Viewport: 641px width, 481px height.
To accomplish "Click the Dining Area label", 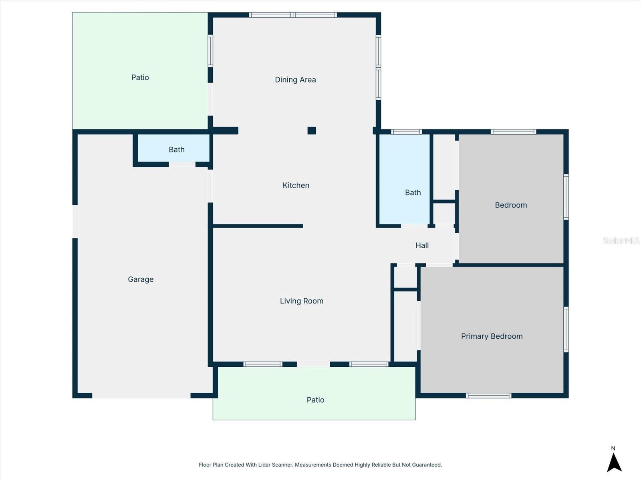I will pyautogui.click(x=295, y=80).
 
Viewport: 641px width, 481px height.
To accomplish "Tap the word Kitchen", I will pyautogui.click(x=296, y=185).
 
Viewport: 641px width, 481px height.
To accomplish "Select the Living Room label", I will pyautogui.click(x=301, y=301).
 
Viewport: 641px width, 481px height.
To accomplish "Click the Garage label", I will pyautogui.click(x=141, y=279).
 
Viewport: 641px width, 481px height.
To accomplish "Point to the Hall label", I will pyautogui.click(x=422, y=245).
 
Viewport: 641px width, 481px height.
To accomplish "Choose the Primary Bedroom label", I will pyautogui.click(x=492, y=336).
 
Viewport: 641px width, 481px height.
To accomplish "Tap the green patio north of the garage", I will pyautogui.click(x=140, y=77).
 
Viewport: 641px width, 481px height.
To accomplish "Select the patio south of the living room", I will pyautogui.click(x=315, y=400).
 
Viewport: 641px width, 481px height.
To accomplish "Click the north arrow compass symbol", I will pyautogui.click(x=614, y=461).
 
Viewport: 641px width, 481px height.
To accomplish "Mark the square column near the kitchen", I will pyautogui.click(x=312, y=130).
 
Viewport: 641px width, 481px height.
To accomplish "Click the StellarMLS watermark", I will pyautogui.click(x=621, y=240).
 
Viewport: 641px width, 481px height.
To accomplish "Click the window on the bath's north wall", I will pyautogui.click(x=406, y=132).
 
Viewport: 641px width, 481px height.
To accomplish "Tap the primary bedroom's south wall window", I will pyautogui.click(x=488, y=396).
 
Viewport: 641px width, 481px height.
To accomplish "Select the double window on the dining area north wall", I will pyautogui.click(x=293, y=15).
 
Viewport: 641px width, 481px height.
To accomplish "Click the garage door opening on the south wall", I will pyautogui.click(x=141, y=396).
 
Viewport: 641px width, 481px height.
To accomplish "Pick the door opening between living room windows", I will pyautogui.click(x=313, y=364).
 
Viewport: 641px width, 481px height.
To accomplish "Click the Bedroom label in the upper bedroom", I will pyautogui.click(x=511, y=205).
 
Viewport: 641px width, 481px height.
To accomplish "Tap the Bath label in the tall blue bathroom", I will pyautogui.click(x=413, y=193).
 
